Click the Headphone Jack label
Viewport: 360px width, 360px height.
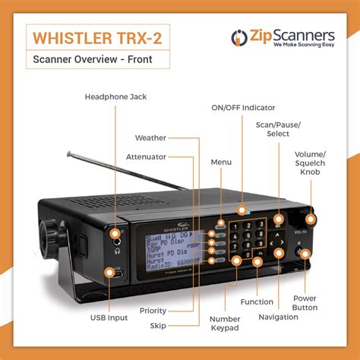[x=115, y=96]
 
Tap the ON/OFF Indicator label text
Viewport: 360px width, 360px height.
[x=243, y=108]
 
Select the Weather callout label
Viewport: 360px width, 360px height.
[x=150, y=138]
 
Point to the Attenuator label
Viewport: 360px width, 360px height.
[x=146, y=156]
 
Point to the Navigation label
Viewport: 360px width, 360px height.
[x=278, y=317]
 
